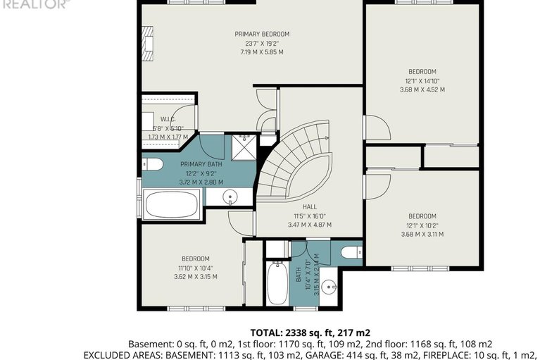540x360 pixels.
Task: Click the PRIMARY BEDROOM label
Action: pyautogui.click(x=262, y=34)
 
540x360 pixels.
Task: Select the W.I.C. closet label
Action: pyautogui.click(x=168, y=119)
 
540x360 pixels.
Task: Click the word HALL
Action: pyautogui.click(x=309, y=207)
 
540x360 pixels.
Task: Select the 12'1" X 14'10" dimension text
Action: pyautogui.click(x=422, y=80)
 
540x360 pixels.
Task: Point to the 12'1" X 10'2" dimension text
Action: pyautogui.click(x=422, y=225)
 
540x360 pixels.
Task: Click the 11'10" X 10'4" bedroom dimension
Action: pyautogui.click(x=195, y=268)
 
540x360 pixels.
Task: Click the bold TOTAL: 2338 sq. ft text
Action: pyautogui.click(x=310, y=332)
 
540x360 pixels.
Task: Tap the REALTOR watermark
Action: pyautogui.click(x=35, y=4)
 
